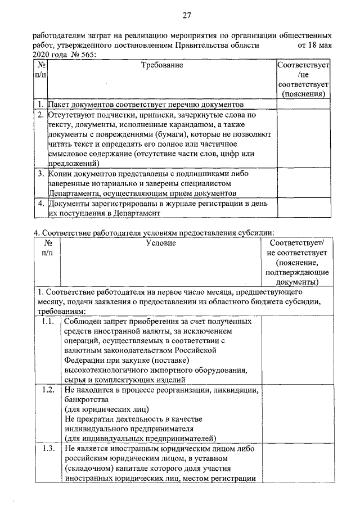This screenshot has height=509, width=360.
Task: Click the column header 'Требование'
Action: pos(162,66)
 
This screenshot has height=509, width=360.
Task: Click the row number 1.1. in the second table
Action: pos(48,322)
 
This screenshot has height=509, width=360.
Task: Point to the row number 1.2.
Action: pos(48,389)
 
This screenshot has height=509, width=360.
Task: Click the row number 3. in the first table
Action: pos(40,174)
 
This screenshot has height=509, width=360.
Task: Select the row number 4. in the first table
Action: pos(40,204)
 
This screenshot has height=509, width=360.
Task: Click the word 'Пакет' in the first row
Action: pos(60,104)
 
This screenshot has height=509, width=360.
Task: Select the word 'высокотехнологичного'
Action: pos(107,369)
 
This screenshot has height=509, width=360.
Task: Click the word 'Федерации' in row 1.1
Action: pos(85,359)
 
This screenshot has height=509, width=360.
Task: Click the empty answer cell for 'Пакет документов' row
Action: pos(303,104)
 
